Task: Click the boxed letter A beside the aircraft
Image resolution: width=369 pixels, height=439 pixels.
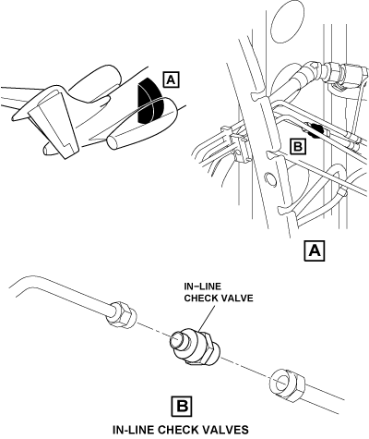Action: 171,79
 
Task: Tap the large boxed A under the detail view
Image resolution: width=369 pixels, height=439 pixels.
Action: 315,251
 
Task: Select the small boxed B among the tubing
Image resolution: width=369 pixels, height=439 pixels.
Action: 298,146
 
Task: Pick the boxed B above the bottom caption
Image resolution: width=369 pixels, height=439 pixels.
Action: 182,407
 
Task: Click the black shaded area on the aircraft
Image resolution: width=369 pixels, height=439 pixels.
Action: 149,102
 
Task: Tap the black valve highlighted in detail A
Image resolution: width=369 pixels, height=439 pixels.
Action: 315,130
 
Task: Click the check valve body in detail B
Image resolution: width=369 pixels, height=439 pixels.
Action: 195,348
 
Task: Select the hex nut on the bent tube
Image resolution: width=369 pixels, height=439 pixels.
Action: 121,314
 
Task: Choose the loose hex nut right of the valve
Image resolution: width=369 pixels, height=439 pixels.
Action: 287,384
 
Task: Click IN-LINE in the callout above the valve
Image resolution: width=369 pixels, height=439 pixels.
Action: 202,287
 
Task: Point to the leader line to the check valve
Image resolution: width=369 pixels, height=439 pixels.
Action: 207,318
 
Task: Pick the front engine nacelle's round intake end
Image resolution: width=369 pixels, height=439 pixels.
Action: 113,142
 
